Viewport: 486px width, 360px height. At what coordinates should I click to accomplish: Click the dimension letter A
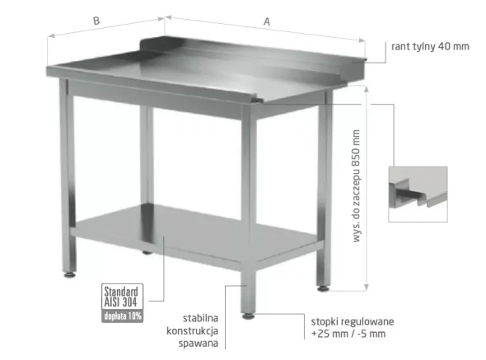click(x=267, y=21)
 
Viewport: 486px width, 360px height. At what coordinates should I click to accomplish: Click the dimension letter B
click(x=96, y=21)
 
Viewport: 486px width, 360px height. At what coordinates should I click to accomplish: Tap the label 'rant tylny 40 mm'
click(x=430, y=46)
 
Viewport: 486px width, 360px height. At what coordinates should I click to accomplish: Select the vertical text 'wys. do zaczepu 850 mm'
click(x=357, y=185)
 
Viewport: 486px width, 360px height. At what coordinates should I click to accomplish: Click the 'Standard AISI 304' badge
click(x=122, y=297)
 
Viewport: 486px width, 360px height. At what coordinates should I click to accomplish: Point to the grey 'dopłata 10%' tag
click(x=122, y=316)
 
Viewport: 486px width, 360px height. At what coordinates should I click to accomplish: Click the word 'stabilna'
click(x=200, y=318)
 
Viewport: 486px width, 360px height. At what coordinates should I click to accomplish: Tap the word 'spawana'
click(x=199, y=344)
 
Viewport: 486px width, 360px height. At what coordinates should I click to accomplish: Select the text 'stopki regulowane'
click(x=353, y=322)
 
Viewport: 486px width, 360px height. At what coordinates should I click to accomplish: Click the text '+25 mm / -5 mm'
click(x=348, y=334)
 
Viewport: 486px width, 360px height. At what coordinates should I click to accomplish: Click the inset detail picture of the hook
click(x=418, y=194)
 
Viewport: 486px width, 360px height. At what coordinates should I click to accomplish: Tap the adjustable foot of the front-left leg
click(x=69, y=274)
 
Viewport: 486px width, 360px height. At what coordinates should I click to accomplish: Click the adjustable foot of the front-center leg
click(x=248, y=316)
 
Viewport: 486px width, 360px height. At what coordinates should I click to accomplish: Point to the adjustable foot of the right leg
click(x=323, y=288)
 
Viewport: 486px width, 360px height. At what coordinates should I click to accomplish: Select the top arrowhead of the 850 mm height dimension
click(x=367, y=90)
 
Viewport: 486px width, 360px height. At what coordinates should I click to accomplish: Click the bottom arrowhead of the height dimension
click(x=367, y=288)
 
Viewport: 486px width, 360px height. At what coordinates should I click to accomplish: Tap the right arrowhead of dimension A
click(x=362, y=40)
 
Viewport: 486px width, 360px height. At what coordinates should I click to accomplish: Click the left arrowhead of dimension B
click(x=52, y=35)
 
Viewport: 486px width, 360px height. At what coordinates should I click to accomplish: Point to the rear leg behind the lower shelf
click(x=147, y=180)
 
